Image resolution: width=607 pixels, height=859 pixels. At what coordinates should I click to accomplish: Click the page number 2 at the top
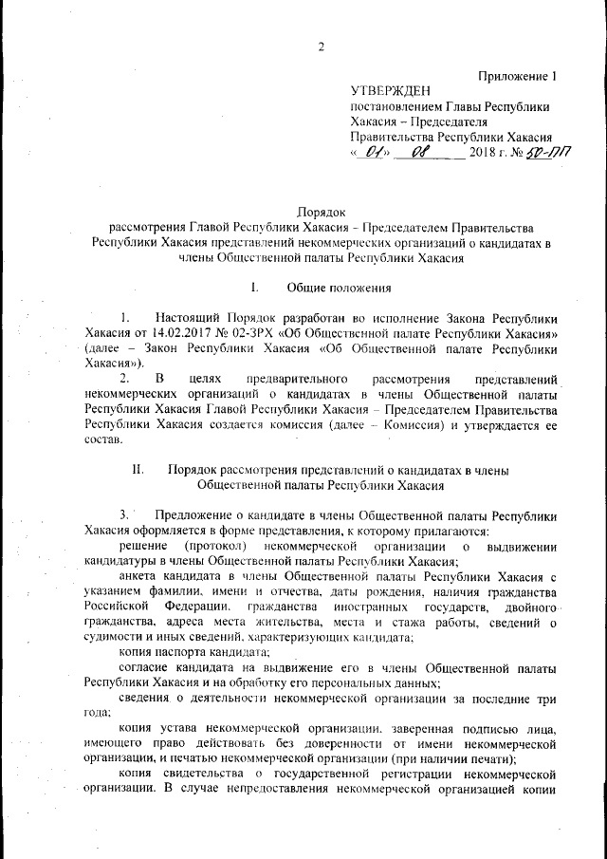click(x=321, y=48)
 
